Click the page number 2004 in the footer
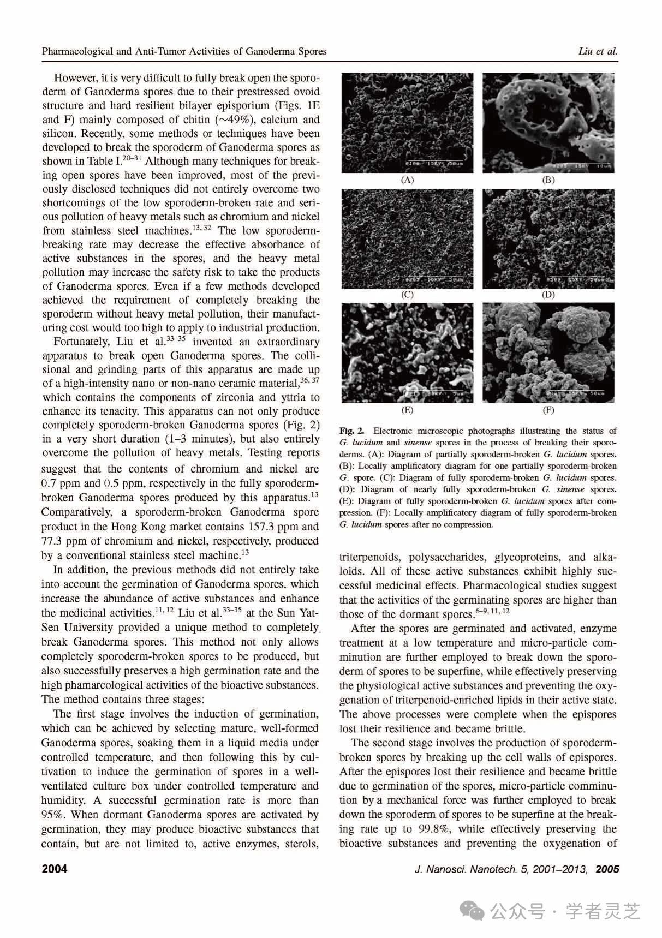55,869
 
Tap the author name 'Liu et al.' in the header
598,52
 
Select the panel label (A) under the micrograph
407,180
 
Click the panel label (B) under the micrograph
548,180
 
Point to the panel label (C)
407,295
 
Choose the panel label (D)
548,295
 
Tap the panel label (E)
407,410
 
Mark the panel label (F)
548,410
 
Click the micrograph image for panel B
548,123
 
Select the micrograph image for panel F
548,353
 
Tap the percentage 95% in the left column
53,815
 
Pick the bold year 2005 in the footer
607,869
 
